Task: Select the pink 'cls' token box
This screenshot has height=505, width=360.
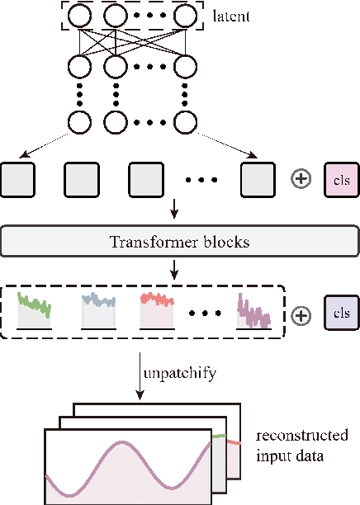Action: tap(342, 179)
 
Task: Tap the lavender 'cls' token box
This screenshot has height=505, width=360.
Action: tap(342, 314)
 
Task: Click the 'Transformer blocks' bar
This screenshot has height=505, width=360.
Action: tap(181, 243)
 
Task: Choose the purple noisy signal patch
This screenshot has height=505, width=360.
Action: tap(253, 311)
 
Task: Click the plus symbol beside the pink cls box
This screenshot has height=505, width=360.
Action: tap(302, 179)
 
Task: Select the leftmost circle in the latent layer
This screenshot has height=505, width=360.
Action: tap(81, 17)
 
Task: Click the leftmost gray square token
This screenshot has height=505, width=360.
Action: tap(17, 179)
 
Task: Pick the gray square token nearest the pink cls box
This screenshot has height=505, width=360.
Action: tap(257, 179)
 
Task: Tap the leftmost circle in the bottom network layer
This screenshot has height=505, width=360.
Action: tap(81, 122)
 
